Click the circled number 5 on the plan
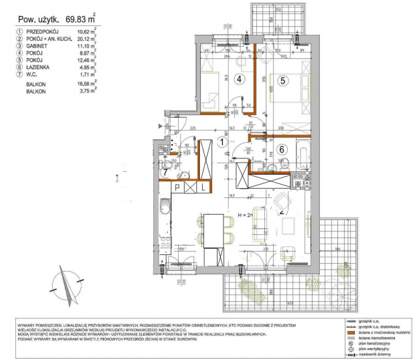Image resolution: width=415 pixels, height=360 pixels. [x=282, y=81]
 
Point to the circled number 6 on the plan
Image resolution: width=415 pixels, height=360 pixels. [x=282, y=150]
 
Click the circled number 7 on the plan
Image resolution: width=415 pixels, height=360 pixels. [x=165, y=172]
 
